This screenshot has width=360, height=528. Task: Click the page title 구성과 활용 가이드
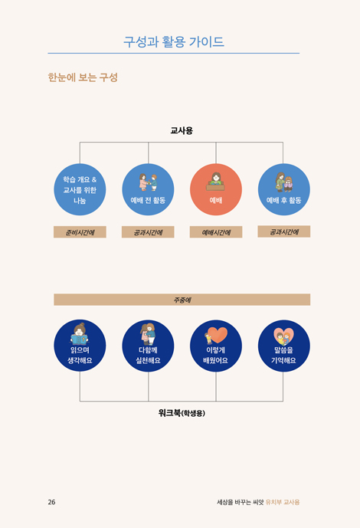174,41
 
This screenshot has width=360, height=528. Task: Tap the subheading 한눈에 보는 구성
83,77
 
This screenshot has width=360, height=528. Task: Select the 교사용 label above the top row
182,130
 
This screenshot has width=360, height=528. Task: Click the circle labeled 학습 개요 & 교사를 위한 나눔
80,189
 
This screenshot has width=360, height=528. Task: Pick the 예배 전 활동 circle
148,189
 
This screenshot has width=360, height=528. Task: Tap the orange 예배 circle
216,189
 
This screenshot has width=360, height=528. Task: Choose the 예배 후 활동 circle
284,189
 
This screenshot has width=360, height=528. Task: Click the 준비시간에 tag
80,232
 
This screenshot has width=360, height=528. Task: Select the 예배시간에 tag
216,232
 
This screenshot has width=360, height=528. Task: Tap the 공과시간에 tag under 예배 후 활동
284,231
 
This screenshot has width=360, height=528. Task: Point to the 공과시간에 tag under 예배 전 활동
148,232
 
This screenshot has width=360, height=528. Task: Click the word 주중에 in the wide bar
182,300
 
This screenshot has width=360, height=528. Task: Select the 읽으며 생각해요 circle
80,346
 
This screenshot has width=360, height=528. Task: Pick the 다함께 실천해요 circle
148,346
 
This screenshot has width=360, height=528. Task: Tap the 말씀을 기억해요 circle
284,346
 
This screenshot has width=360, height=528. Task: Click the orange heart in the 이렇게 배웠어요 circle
218,334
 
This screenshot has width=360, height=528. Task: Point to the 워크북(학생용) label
182,413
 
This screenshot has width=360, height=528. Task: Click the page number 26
51,502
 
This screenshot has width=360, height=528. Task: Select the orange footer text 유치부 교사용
283,502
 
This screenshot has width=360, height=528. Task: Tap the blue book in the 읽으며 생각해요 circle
80,339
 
